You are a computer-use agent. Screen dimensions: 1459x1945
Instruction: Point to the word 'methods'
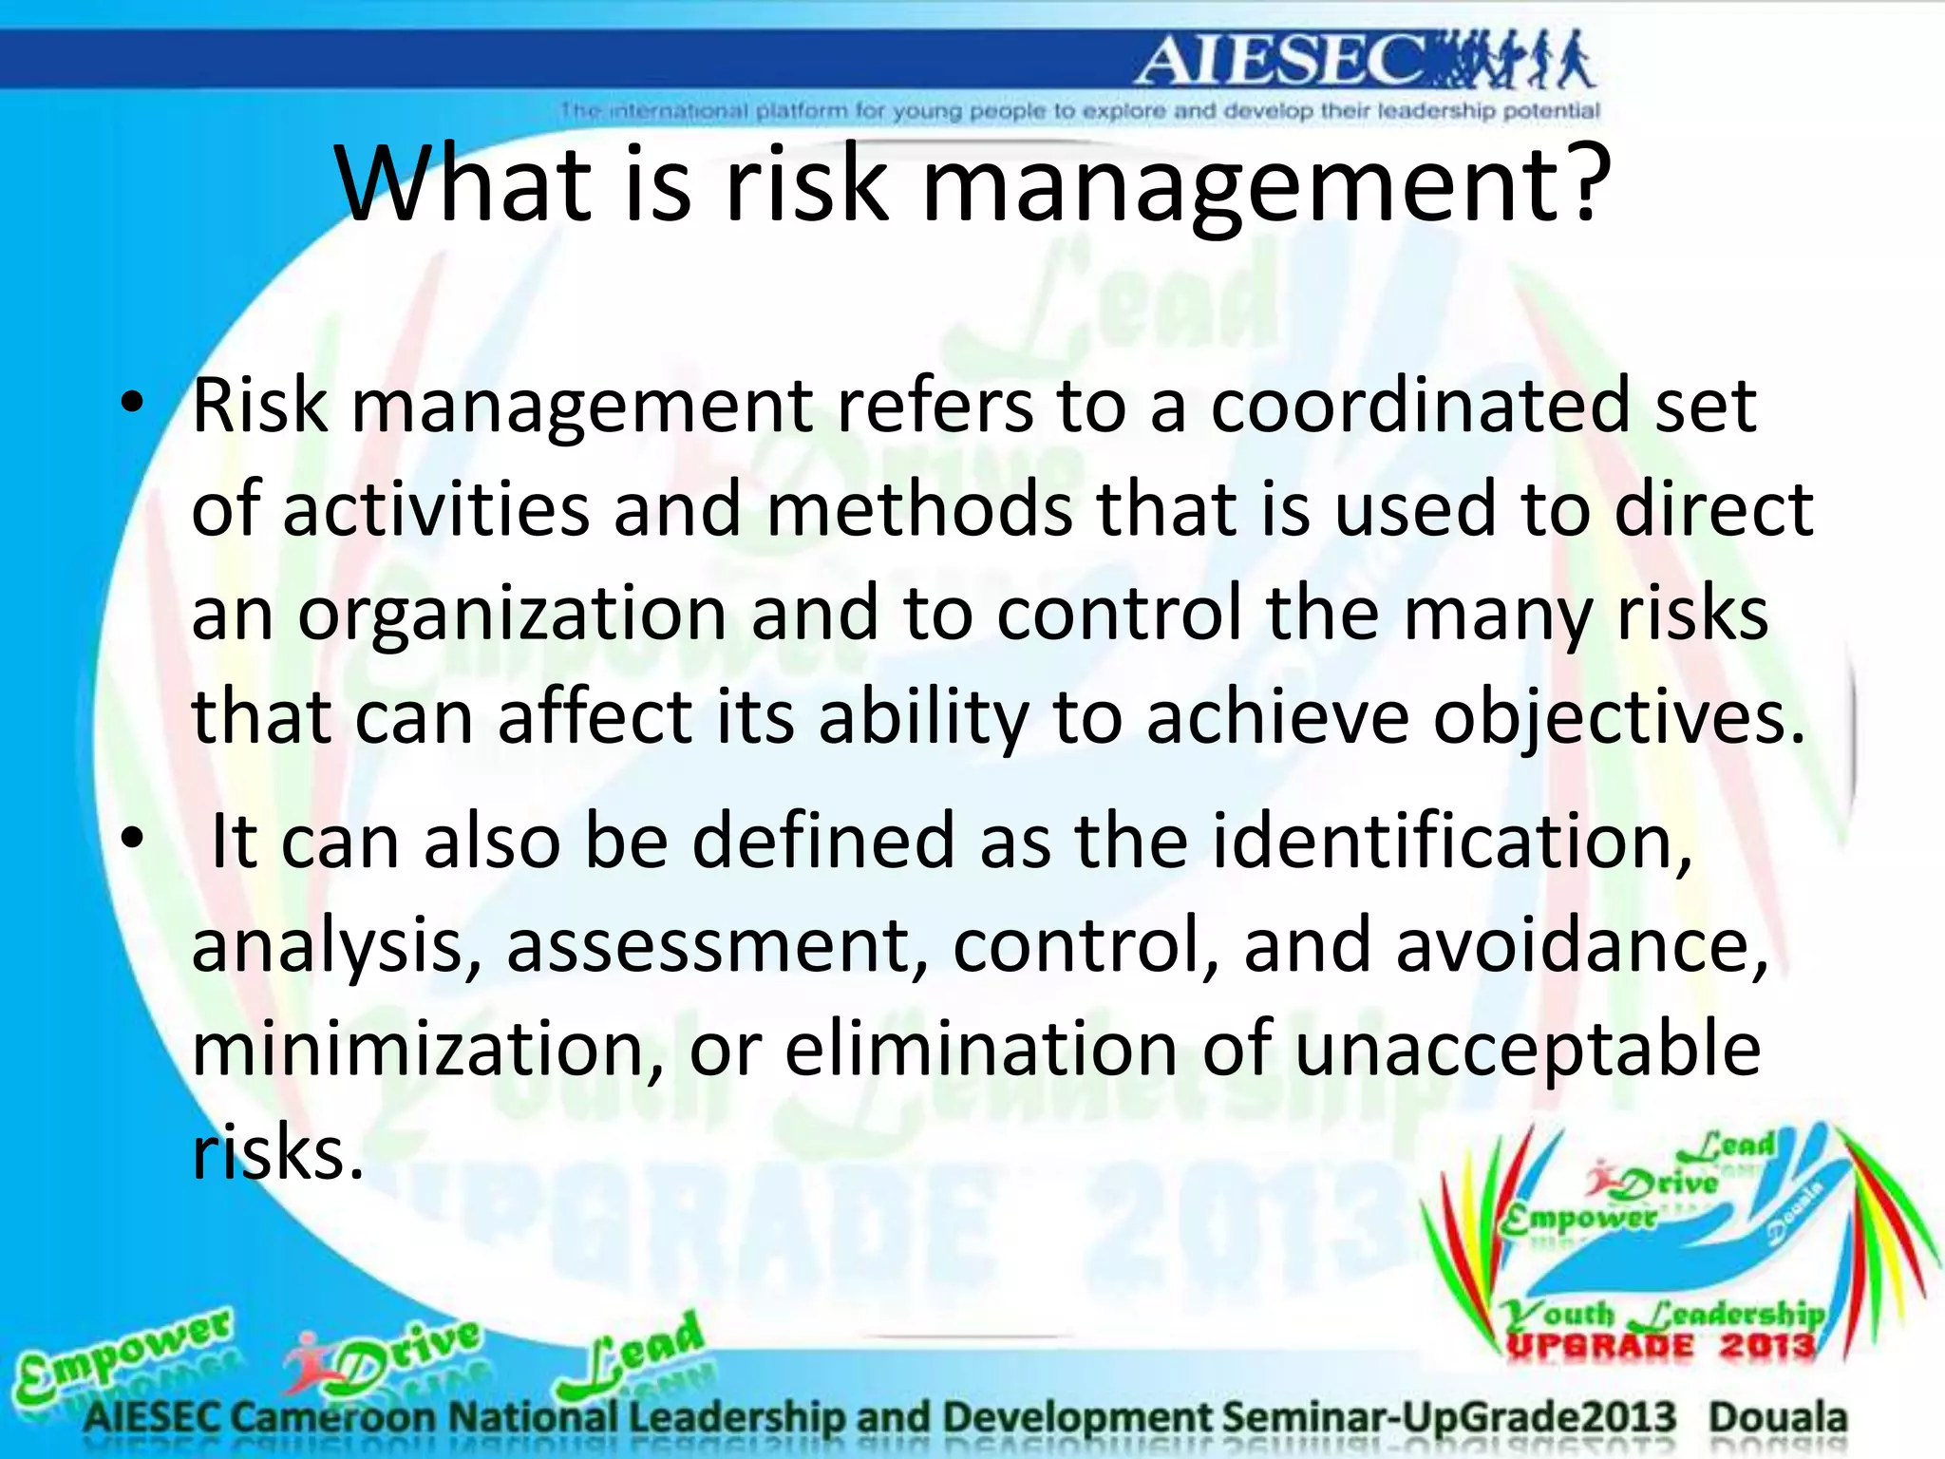tap(918, 509)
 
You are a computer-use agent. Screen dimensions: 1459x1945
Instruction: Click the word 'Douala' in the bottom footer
tap(1778, 1416)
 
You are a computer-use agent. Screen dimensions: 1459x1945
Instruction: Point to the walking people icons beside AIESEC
tap(1515, 59)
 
